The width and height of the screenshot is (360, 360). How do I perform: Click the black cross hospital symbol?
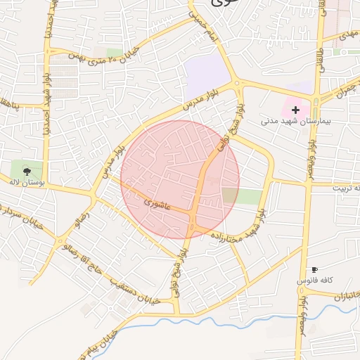[x=295, y=110]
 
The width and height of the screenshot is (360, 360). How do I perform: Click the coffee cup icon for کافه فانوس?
[x=314, y=270]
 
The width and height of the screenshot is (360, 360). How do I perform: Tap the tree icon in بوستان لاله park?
[x=27, y=170]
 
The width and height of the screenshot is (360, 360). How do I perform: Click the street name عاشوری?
[x=156, y=205]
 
